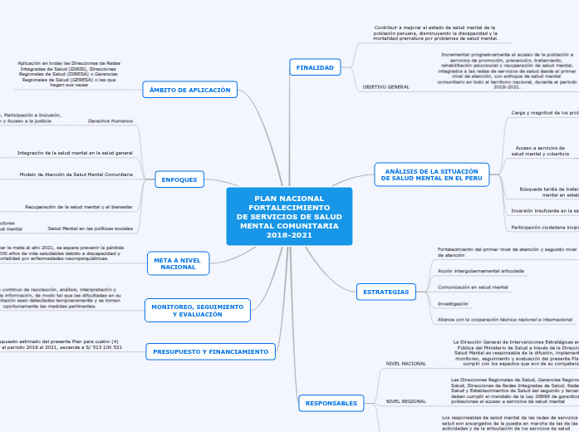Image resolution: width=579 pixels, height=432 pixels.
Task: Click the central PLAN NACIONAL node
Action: tap(289, 217)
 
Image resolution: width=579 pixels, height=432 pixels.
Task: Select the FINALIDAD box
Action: tap(315, 67)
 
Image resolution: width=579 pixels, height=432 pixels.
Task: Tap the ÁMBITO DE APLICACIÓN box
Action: tap(190, 89)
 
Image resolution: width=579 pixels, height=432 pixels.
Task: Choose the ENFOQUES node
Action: tap(179, 179)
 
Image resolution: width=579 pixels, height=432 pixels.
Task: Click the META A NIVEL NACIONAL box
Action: tap(178, 263)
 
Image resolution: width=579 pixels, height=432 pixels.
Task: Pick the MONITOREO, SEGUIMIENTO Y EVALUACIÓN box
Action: tap(198, 311)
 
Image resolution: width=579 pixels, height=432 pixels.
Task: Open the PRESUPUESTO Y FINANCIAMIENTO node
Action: tap(210, 352)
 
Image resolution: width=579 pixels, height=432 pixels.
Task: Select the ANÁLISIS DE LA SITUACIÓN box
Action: tap(432, 174)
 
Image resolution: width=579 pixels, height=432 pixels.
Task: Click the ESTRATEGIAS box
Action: tap(386, 292)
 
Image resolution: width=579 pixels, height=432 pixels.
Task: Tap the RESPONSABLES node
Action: tap(331, 403)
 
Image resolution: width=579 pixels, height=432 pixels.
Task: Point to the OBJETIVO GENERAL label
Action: tap(386, 87)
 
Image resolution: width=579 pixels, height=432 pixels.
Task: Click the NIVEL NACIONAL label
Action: tap(406, 364)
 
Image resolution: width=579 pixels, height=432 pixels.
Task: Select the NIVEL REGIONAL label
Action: tap(405, 400)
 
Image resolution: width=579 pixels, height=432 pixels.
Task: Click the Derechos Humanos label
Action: tap(110, 120)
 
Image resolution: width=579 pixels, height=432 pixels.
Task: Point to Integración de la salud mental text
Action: tap(75, 153)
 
